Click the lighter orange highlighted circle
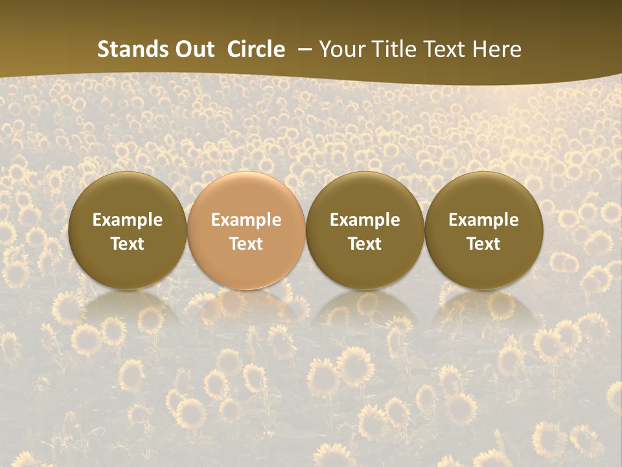click(x=246, y=231)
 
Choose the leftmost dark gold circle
click(x=127, y=231)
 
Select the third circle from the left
click(x=365, y=231)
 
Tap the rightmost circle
click(x=484, y=231)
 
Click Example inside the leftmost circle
click(x=127, y=220)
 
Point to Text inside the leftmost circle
click(x=127, y=244)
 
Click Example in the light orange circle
click(x=246, y=220)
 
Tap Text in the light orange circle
click(x=246, y=244)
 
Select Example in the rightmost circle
click(x=484, y=220)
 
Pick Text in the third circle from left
click(x=365, y=244)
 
